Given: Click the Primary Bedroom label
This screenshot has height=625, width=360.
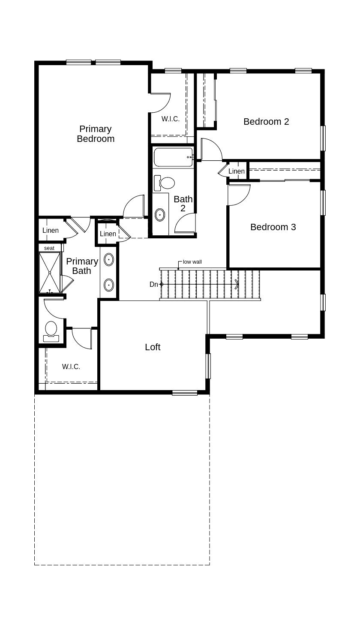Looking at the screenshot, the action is click(x=96, y=134).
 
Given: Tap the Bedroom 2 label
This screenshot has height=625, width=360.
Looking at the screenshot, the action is click(x=266, y=122).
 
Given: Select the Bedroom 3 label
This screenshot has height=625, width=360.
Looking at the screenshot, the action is click(x=273, y=227).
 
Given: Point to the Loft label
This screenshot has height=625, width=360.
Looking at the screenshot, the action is click(x=153, y=347).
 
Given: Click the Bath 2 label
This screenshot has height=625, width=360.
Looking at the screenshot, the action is click(x=183, y=204).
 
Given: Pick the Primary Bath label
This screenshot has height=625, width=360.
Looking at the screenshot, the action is click(x=82, y=266).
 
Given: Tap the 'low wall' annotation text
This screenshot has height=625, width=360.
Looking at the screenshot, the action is click(x=192, y=262).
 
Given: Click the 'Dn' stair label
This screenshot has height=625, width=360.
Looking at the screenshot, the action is click(x=154, y=284).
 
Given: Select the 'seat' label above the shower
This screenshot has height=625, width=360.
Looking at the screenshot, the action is click(x=49, y=248).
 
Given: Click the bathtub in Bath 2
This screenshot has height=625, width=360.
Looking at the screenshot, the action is click(x=173, y=157).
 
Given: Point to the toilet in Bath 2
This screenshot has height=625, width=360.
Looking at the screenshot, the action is click(x=164, y=183).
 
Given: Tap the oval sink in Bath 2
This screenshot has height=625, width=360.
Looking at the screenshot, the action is click(x=160, y=215).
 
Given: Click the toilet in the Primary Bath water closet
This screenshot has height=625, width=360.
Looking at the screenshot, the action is click(x=51, y=331).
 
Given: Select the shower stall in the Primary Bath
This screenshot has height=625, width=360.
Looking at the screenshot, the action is click(x=50, y=272).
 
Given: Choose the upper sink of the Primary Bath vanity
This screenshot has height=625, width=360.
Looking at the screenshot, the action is click(x=109, y=260).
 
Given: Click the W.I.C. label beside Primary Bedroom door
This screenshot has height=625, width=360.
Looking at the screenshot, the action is click(x=171, y=119).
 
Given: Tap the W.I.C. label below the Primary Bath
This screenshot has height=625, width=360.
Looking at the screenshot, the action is click(x=71, y=367).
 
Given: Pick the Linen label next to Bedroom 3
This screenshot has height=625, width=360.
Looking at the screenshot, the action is click(x=237, y=171).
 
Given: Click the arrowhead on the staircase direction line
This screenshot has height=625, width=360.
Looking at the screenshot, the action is click(x=237, y=284).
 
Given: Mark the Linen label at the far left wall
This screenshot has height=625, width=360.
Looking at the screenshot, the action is click(x=51, y=231).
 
